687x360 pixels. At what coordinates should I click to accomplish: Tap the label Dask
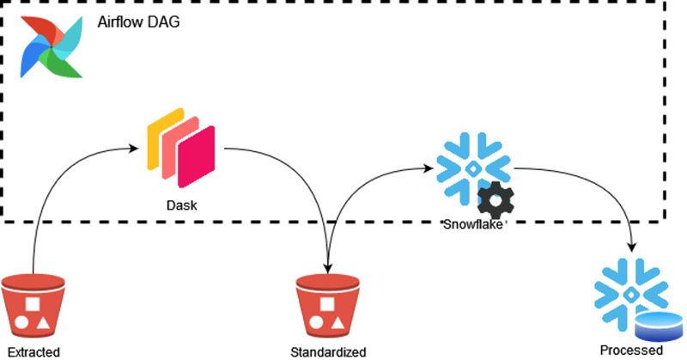point(179,206)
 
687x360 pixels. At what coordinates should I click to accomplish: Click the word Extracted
point(33,351)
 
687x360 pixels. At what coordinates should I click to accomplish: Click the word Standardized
point(327,351)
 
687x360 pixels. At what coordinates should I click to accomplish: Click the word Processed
point(631,351)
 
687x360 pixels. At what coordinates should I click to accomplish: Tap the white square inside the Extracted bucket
point(32,303)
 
